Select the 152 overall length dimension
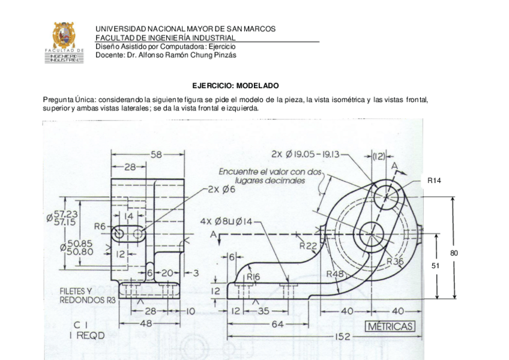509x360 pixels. coord(343,337)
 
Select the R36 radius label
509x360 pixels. coord(395,261)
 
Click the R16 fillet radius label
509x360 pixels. coord(253,277)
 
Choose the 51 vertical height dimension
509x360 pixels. coord(437,265)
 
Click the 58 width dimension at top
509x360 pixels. coord(156,154)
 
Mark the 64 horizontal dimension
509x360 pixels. coord(277,325)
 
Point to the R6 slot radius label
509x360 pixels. coord(100,226)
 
